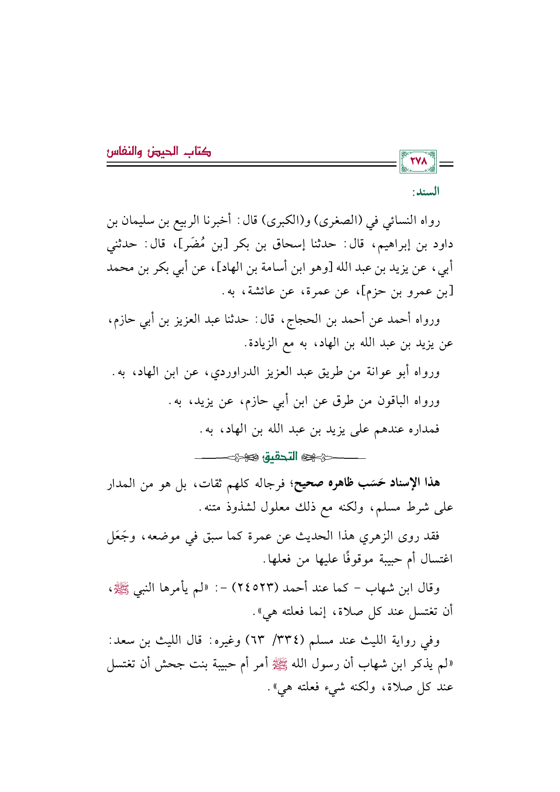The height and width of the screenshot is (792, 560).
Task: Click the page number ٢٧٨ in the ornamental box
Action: coord(418,162)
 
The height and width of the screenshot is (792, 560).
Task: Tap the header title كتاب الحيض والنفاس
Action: coord(159,152)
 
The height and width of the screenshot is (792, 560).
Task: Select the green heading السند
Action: coord(425,192)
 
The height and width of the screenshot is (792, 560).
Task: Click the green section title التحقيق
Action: coord(280,457)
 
